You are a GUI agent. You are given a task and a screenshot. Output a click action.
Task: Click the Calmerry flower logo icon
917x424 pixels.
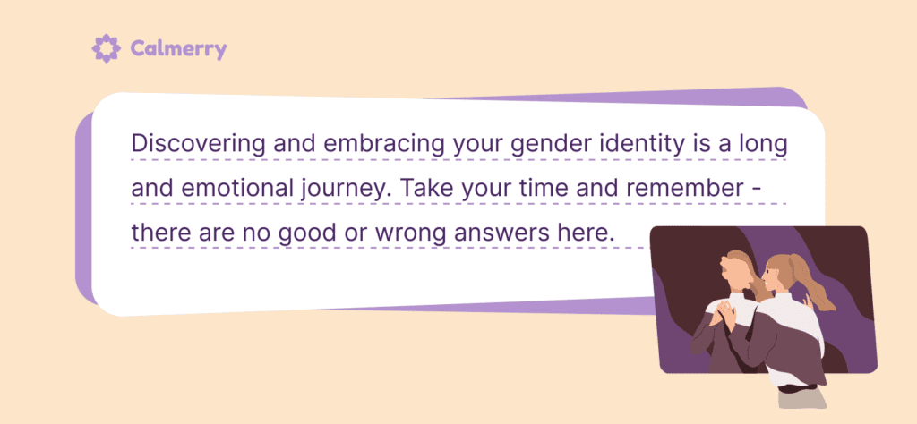[105, 48]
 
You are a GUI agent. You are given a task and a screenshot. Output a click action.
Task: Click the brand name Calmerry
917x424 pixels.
[177, 48]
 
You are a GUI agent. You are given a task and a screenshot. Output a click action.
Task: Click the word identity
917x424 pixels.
[637, 143]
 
